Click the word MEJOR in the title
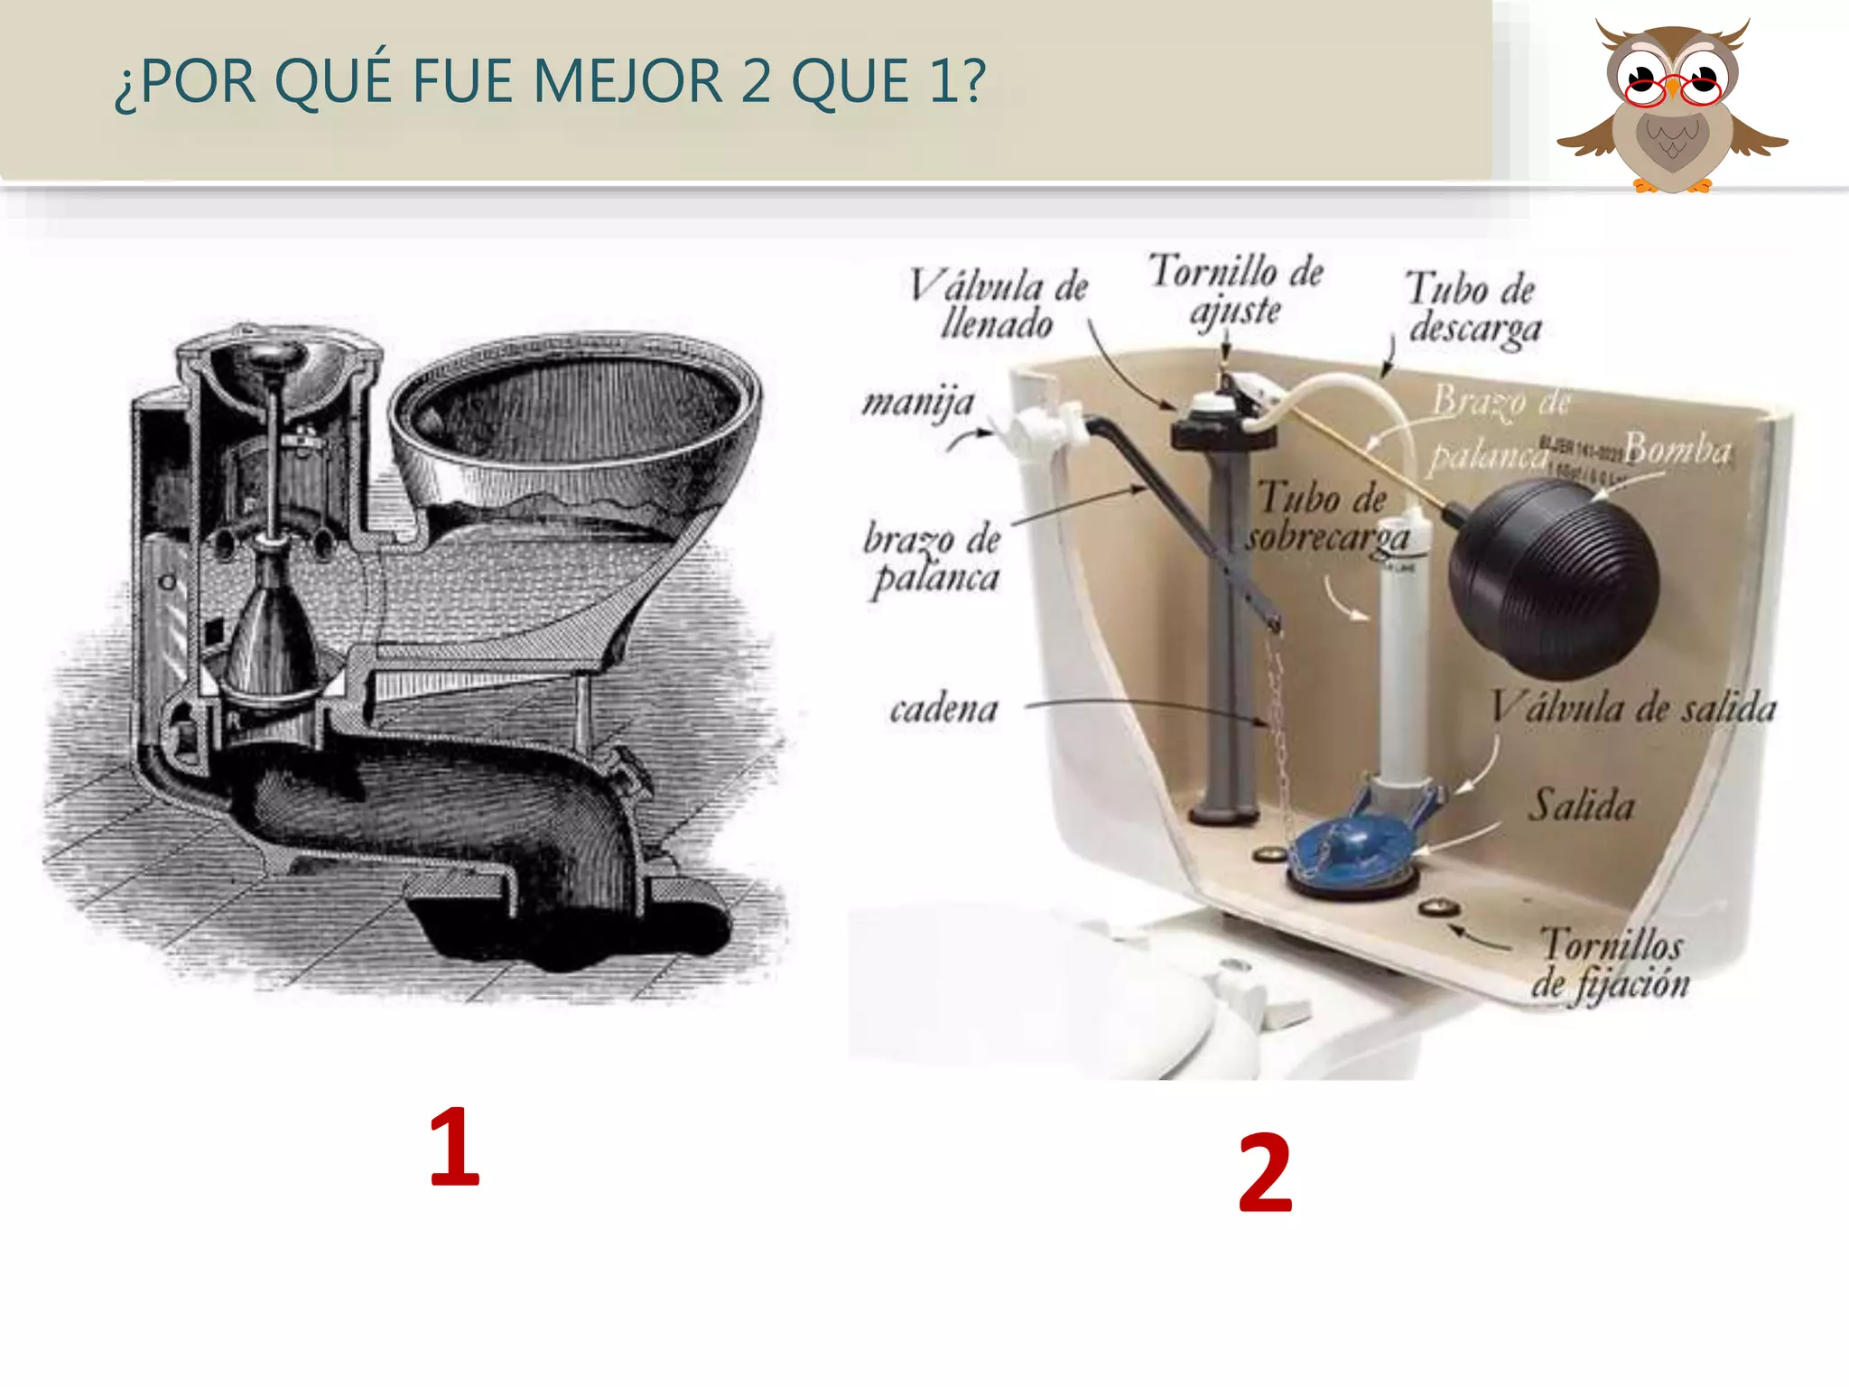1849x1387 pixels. point(627,81)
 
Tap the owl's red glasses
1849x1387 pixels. point(1673,88)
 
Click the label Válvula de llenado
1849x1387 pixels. point(998,305)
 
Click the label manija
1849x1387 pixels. point(918,402)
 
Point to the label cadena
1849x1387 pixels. point(943,709)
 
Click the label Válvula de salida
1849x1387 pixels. point(1632,708)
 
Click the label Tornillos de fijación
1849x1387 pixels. point(1611,964)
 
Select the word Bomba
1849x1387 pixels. point(1677,449)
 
